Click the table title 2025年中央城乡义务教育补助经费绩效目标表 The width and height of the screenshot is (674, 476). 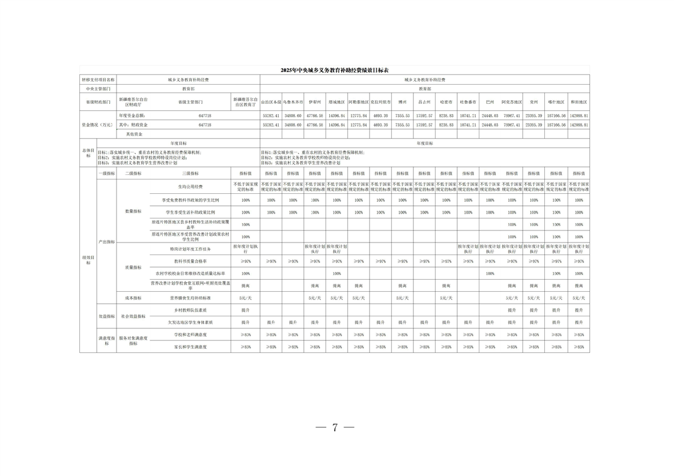coord(335,70)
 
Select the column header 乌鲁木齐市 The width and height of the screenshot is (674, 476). coord(293,103)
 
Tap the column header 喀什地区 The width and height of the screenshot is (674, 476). coord(556,103)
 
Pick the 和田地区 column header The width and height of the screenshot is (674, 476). coord(578,103)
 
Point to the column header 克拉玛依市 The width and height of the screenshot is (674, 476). coord(380,103)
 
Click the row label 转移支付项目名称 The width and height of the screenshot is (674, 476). coord(98,79)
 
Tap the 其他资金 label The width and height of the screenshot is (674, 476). coord(130,134)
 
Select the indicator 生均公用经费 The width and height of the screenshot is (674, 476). coord(190,187)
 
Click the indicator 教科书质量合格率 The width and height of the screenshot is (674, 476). coord(190,261)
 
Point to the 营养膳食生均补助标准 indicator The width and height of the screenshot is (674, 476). coord(190,298)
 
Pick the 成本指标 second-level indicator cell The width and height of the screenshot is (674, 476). coord(133,298)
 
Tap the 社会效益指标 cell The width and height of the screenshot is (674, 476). coord(133,316)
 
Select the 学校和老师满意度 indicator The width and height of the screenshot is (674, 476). coord(190,334)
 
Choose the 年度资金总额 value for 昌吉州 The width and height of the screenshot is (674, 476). coord(424,115)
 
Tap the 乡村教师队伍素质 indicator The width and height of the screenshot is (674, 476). coord(190,310)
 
